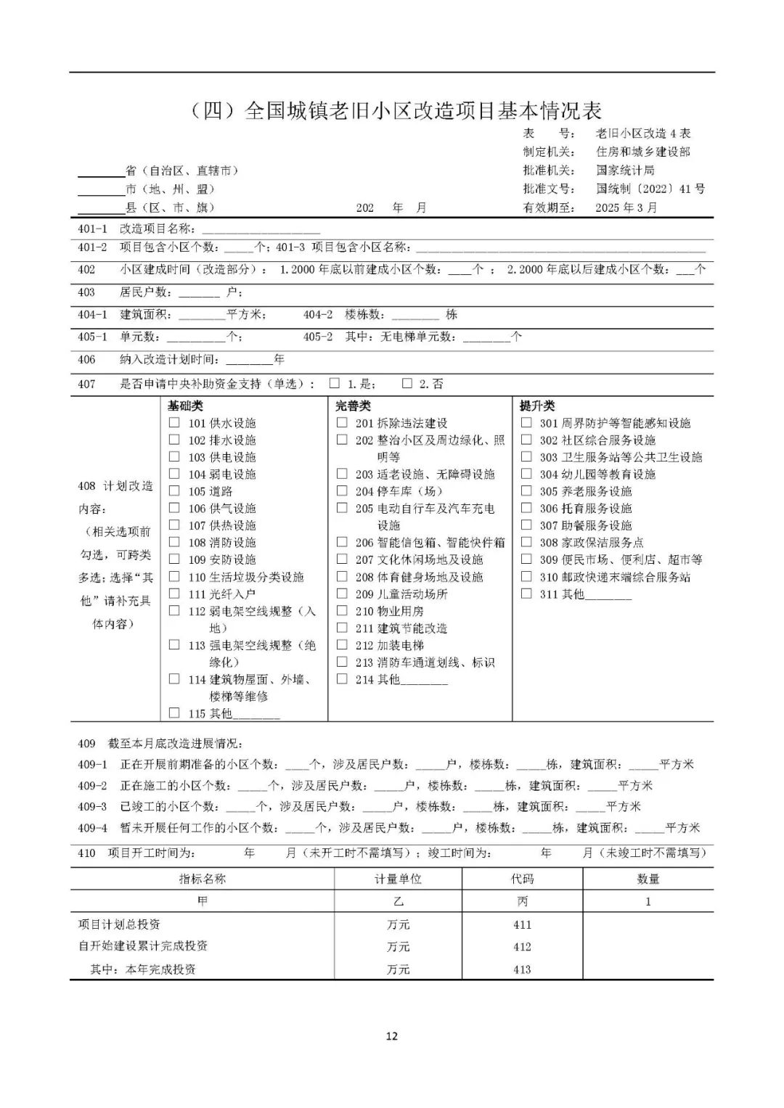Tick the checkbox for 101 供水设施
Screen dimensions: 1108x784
pyautogui.click(x=174, y=422)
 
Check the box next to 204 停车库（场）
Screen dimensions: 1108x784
pyautogui.click(x=342, y=491)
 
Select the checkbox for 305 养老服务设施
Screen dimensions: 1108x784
pyautogui.click(x=526, y=491)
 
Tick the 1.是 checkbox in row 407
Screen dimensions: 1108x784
pyautogui.click(x=335, y=383)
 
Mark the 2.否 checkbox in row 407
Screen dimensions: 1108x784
pyautogui.click(x=407, y=383)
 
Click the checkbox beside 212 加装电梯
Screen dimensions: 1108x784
pyautogui.click(x=342, y=644)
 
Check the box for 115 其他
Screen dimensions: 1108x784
pyautogui.click(x=174, y=713)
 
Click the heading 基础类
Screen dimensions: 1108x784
pyautogui.click(x=185, y=406)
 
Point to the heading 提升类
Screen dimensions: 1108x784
pyautogui.click(x=537, y=406)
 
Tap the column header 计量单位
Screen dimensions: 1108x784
pyautogui.click(x=398, y=879)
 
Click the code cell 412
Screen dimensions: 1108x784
pyautogui.click(x=522, y=947)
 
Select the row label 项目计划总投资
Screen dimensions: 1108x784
pyautogui.click(x=119, y=924)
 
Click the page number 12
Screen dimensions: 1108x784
pyautogui.click(x=392, y=1036)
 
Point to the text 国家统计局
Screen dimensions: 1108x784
pyautogui.click(x=625, y=170)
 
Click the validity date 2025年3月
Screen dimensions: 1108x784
pyautogui.click(x=626, y=208)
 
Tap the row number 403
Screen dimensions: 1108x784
pyautogui.click(x=86, y=292)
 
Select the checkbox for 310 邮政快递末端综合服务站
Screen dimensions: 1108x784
pyautogui.click(x=526, y=576)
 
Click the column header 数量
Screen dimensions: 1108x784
pyautogui.click(x=648, y=879)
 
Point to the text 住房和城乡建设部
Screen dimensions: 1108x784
pyautogui.click(x=642, y=152)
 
